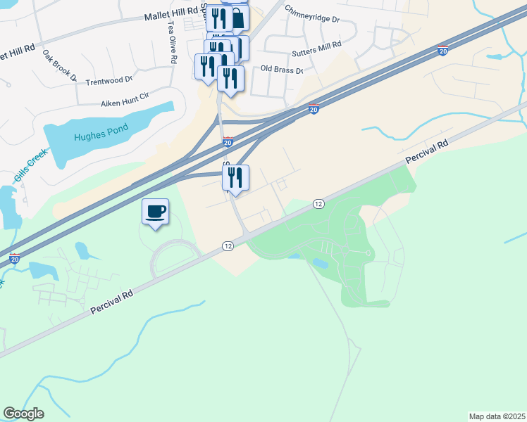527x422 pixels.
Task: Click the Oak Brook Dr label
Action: click(59, 65)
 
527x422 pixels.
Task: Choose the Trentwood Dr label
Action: click(108, 81)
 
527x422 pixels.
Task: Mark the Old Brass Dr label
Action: click(281, 70)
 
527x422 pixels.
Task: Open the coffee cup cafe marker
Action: click(155, 210)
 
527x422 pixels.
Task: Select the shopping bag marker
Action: click(238, 18)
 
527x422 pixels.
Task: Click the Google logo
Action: click(23, 414)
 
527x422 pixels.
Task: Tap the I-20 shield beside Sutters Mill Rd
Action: click(442, 50)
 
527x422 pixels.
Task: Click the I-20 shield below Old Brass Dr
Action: click(314, 108)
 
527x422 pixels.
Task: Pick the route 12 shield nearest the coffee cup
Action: click(228, 246)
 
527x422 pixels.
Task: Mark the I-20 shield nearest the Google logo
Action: click(15, 260)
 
